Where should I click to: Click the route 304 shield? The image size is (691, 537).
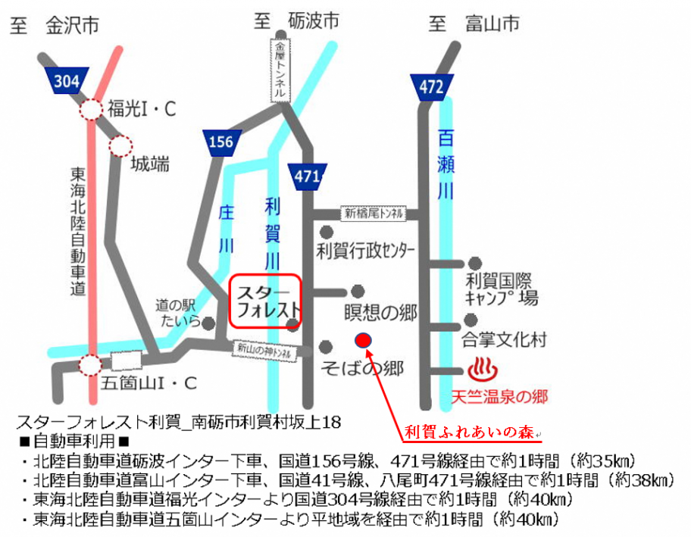click(x=67, y=81)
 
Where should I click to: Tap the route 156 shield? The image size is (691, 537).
click(x=221, y=142)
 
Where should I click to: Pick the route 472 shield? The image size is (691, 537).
click(x=431, y=87)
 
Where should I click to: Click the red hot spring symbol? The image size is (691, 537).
click(x=482, y=371)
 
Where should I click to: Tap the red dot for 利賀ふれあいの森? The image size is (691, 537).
click(x=364, y=340)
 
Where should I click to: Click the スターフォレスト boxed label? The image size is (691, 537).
click(x=265, y=301)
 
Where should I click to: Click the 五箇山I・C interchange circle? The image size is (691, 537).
click(x=90, y=366)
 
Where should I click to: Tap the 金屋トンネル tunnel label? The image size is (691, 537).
click(x=280, y=70)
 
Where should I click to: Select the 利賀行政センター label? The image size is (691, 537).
click(x=367, y=250)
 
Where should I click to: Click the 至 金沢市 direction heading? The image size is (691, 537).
click(x=55, y=25)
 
